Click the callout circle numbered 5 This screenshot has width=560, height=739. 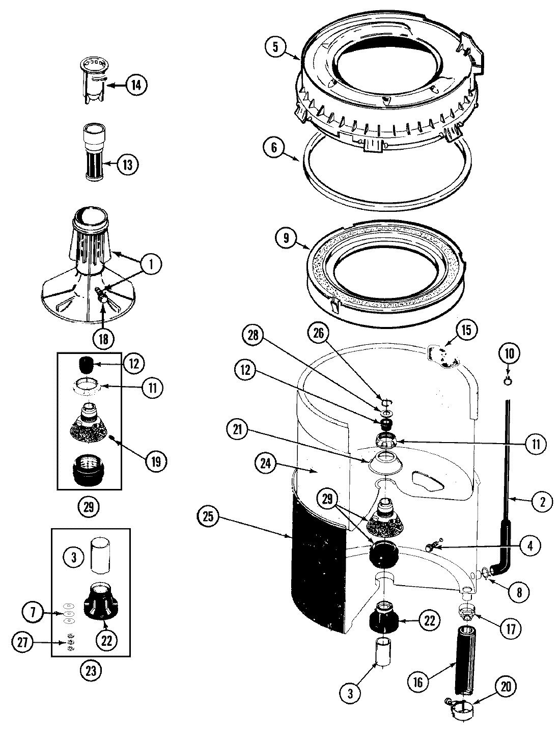tap(275, 47)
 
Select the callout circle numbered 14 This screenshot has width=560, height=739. tap(135, 85)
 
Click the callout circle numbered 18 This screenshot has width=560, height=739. tap(103, 339)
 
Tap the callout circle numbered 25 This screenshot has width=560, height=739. tap(209, 517)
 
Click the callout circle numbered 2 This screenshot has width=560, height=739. tap(541, 502)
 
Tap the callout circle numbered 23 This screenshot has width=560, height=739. tap(91, 671)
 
